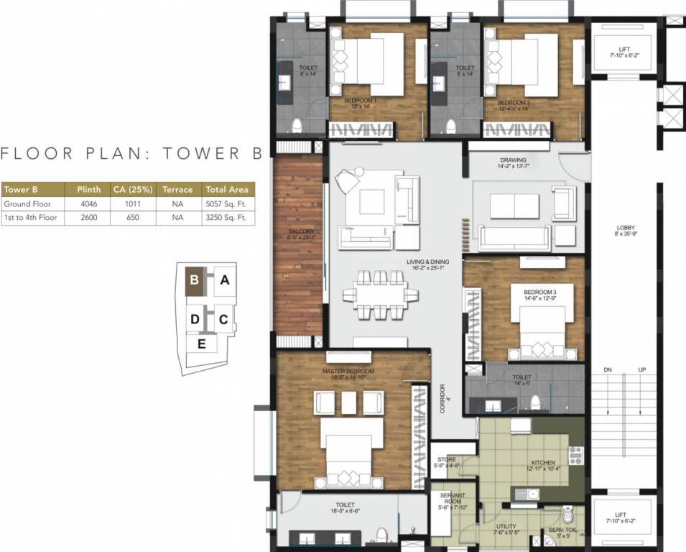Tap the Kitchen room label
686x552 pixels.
coord(542,462)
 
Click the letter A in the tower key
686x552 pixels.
coord(225,281)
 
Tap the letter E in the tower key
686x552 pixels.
coord(202,344)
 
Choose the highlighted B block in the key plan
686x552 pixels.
coord(193,281)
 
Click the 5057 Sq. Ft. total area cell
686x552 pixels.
coord(227,204)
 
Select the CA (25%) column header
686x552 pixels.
coord(132,190)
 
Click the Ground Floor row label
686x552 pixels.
coord(27,204)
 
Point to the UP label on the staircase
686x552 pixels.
coord(641,370)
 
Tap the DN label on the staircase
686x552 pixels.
coord(607,370)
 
